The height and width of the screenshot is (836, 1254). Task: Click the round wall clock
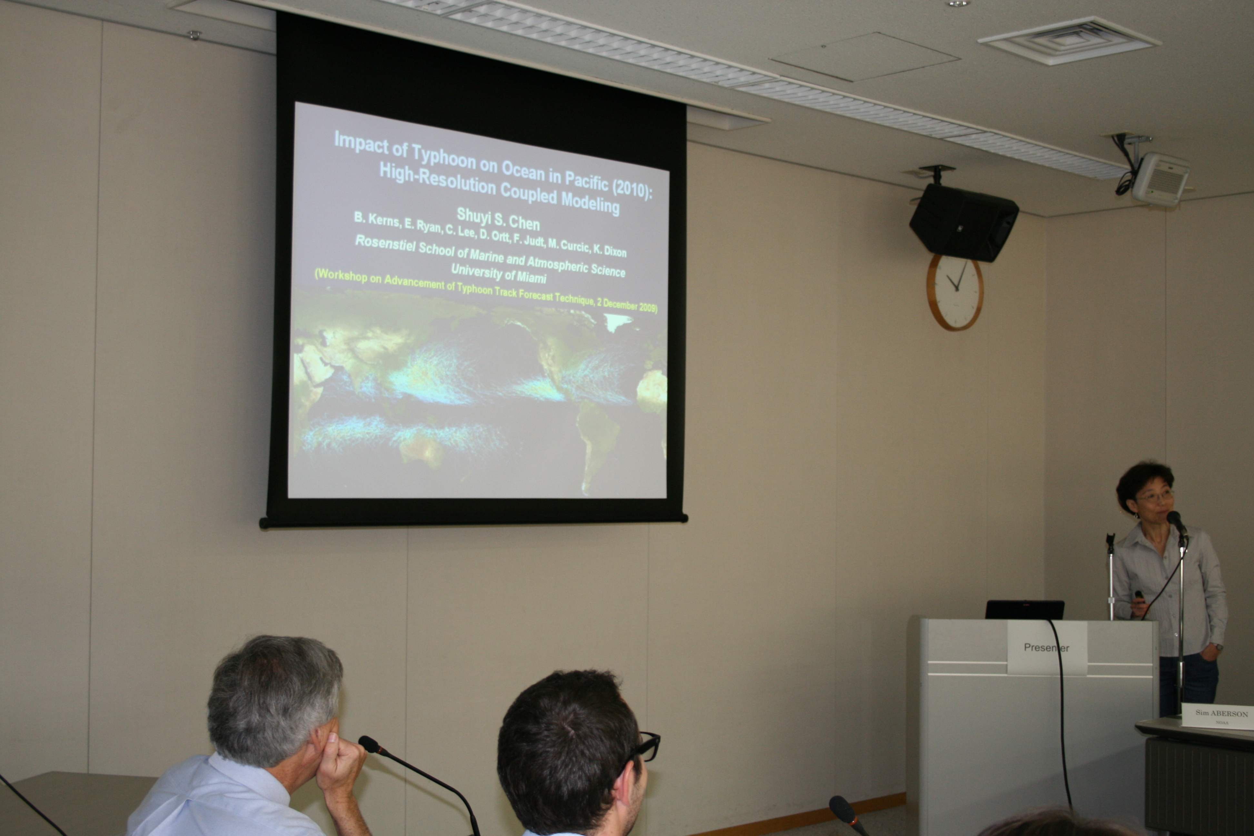point(955,291)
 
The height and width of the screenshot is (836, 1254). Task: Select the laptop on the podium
point(1024,609)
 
